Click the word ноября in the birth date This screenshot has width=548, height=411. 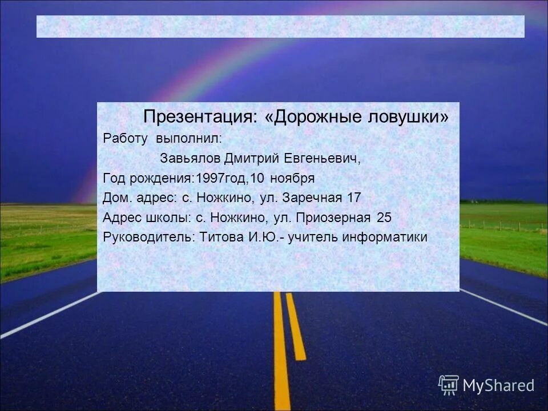point(292,178)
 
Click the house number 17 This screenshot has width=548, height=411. point(354,198)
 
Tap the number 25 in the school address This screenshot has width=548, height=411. point(384,217)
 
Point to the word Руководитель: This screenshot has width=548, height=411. point(150,237)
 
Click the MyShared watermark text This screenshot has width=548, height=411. point(499,385)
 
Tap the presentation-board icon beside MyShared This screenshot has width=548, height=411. point(449,385)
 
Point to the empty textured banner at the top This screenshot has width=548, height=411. point(280,26)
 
